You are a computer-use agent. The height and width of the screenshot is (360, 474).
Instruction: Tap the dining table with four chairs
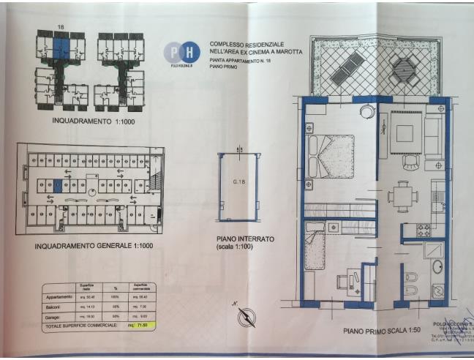point(403,196)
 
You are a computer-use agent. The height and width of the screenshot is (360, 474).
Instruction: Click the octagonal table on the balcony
point(403,68)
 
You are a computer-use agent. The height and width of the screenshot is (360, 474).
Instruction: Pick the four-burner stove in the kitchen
point(425,230)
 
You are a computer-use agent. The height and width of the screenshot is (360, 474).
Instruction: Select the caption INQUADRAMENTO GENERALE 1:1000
point(94,247)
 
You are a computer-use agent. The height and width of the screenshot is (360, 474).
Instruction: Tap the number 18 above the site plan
point(61,26)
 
